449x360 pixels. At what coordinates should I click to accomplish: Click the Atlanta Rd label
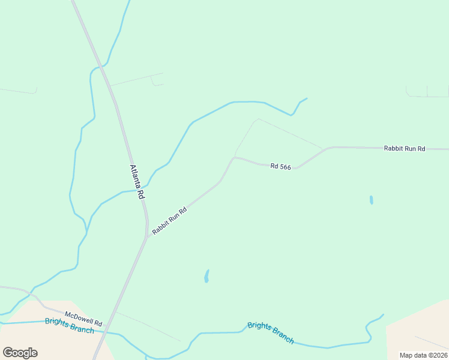136,182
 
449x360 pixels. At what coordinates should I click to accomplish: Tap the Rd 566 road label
280,167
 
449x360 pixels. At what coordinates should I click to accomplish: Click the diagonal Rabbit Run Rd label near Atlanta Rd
170,221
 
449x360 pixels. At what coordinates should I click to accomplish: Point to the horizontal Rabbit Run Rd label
405,148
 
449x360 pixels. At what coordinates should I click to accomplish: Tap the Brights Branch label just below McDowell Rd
69,325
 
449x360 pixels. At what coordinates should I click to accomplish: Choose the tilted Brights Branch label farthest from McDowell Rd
270,332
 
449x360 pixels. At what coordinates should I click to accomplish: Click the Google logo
20,353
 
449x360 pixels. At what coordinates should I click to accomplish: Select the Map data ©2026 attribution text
423,355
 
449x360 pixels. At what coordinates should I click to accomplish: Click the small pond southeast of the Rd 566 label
372,200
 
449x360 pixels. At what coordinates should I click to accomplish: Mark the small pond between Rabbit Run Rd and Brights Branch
206,276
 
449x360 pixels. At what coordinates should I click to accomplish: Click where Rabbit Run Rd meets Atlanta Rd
147,236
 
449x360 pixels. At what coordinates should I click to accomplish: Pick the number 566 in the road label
285,167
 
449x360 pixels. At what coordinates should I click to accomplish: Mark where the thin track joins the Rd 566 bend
234,157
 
